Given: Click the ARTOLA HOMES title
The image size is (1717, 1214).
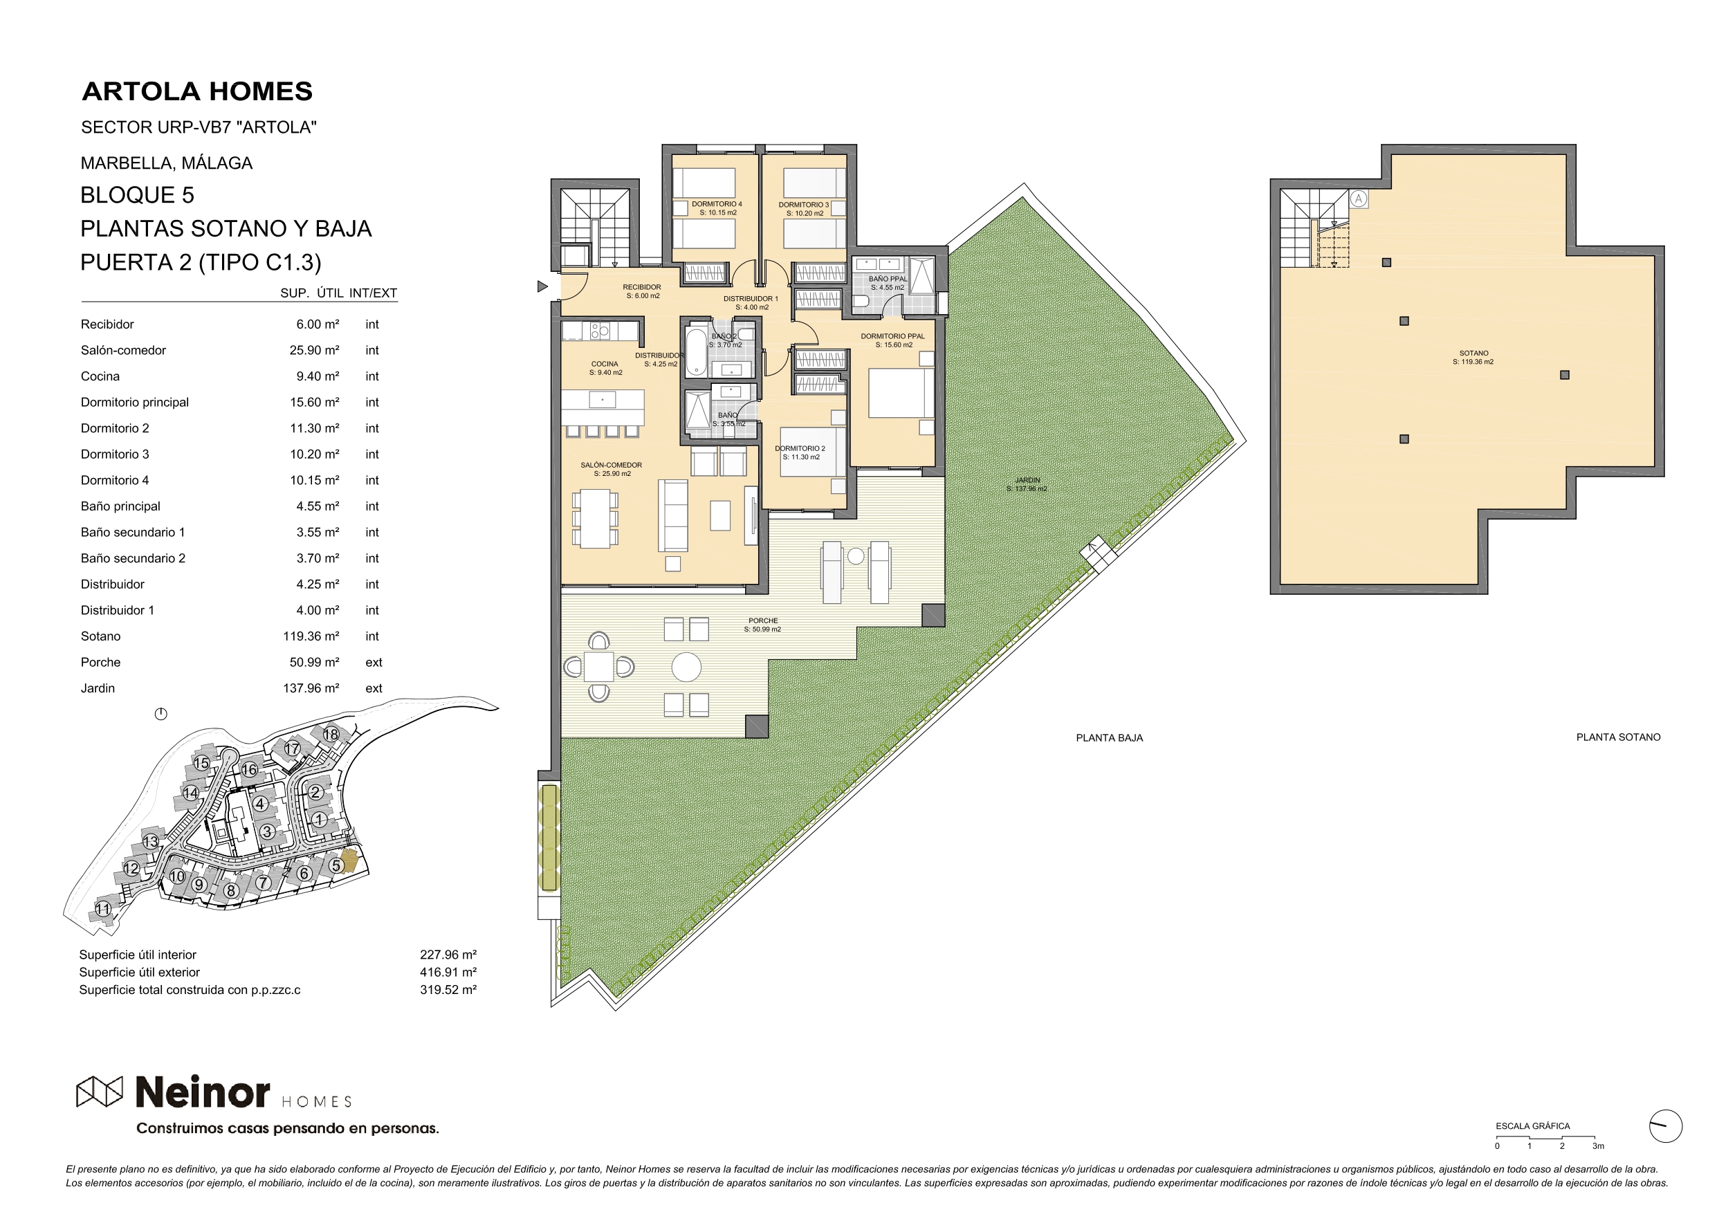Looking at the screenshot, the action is (196, 91).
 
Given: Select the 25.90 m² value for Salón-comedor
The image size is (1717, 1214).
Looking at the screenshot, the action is (314, 350).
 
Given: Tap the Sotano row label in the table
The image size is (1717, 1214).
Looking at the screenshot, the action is (100, 636).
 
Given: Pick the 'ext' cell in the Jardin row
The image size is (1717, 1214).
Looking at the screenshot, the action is (374, 688).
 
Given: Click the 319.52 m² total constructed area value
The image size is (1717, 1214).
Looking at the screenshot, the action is (448, 989).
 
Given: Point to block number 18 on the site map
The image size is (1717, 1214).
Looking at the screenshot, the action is (331, 735).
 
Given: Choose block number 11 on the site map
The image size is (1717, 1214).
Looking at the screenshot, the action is (102, 909).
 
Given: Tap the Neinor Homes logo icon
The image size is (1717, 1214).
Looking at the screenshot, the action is (100, 1092).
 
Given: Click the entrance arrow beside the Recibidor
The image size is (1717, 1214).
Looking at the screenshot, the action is (542, 286).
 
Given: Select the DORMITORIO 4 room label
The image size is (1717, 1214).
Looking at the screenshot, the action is (717, 204).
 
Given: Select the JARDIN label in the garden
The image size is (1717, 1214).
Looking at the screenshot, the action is (1027, 480).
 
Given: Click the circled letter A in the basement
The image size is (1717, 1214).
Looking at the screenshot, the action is (1359, 199).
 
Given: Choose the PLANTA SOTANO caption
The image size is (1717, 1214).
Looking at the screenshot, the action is (1618, 737).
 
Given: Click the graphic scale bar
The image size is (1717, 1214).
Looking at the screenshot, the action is (1545, 1137).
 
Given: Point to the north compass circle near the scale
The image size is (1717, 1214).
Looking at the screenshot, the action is (1665, 1125).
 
